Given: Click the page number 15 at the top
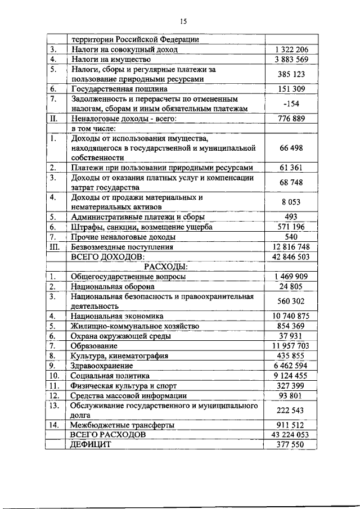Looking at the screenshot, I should click(183, 21).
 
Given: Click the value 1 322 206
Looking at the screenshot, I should click(291, 49).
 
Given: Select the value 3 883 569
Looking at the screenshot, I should click(291, 59).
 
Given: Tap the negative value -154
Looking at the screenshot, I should click(291, 103).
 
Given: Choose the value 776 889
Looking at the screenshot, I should click(291, 119).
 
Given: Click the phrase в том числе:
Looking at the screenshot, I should click(92, 128).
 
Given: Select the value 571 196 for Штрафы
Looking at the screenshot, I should click(291, 227).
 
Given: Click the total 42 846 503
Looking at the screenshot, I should click(291, 256).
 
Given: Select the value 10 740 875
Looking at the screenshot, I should click(291, 316).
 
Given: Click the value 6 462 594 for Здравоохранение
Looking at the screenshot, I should click(291, 366).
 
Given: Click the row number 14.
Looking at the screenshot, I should click(54, 425).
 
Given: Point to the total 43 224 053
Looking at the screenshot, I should click(291, 435).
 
